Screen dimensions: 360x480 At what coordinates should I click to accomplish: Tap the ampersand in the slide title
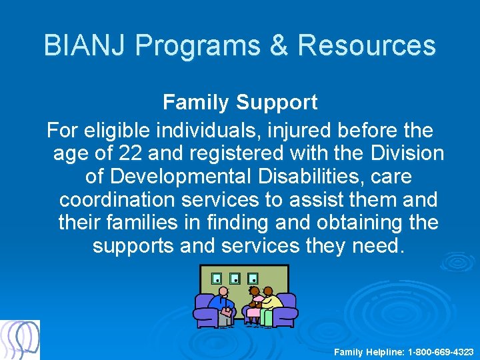279,46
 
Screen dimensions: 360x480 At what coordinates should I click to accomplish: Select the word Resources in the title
367,46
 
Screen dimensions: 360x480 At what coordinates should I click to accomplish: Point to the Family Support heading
240,103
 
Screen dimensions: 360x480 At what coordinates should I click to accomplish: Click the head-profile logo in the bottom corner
20,340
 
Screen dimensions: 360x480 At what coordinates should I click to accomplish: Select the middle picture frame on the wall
235,278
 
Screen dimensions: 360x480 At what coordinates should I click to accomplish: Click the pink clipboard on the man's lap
227,311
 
